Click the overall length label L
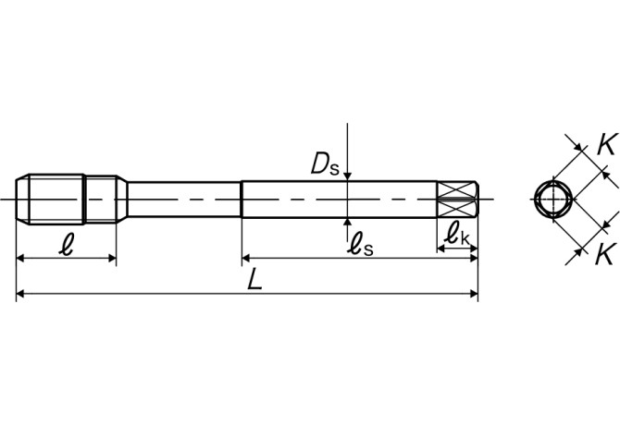pos(255,280)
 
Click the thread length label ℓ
pos(65,245)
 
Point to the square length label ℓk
pos(457,235)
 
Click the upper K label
pos(606,145)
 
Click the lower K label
pos(606,250)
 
